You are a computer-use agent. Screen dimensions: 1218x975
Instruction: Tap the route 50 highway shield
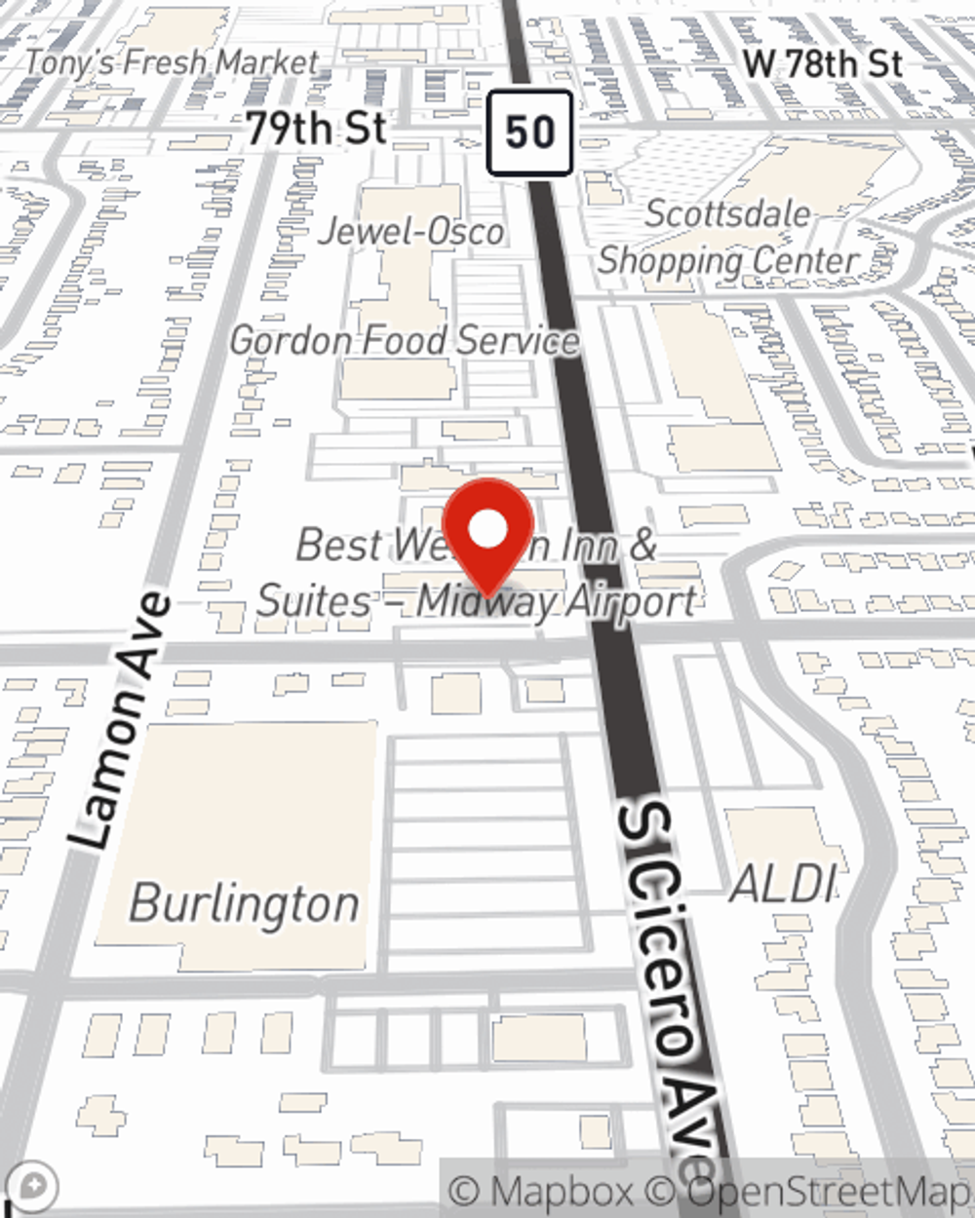pyautogui.click(x=529, y=133)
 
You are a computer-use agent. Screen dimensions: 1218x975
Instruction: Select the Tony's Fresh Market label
pyautogui.click(x=172, y=63)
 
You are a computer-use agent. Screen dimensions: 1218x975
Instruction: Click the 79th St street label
pyautogui.click(x=316, y=129)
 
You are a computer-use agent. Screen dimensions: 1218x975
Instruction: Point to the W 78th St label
pyautogui.click(x=822, y=63)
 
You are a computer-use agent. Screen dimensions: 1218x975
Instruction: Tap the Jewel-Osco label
pyautogui.click(x=412, y=232)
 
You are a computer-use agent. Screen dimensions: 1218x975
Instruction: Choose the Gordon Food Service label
pyautogui.click(x=405, y=340)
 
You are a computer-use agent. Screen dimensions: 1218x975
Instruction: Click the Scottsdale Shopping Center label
pyautogui.click(x=728, y=238)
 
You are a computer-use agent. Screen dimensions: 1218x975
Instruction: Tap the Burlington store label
pyautogui.click(x=244, y=903)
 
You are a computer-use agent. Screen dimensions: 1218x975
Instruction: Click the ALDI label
pyautogui.click(x=783, y=885)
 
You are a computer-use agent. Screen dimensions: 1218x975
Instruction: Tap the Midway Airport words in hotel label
pyautogui.click(x=557, y=601)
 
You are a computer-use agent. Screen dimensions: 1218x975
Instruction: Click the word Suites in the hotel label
pyautogui.click(x=313, y=601)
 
